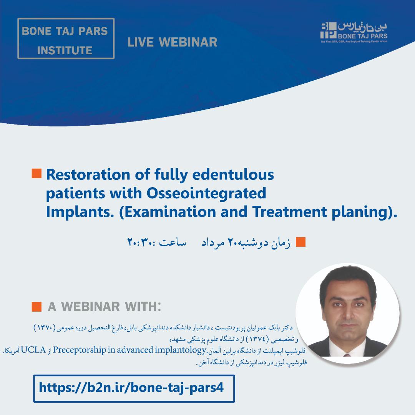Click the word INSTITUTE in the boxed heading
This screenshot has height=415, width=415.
(x=65, y=50)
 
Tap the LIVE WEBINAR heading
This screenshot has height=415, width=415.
(x=172, y=42)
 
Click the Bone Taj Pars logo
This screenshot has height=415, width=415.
(x=354, y=32)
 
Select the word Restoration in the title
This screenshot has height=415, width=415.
(x=88, y=175)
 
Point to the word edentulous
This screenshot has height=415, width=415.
(x=233, y=175)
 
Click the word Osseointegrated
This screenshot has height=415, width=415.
(x=206, y=193)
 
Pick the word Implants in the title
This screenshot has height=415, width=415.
(x=80, y=212)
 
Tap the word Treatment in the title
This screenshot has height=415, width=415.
(x=289, y=212)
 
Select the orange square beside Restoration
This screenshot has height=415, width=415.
(x=37, y=173)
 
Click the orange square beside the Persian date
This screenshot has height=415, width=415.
(x=300, y=242)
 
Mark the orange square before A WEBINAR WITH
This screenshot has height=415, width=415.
(x=37, y=307)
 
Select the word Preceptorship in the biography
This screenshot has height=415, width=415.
(x=80, y=350)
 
